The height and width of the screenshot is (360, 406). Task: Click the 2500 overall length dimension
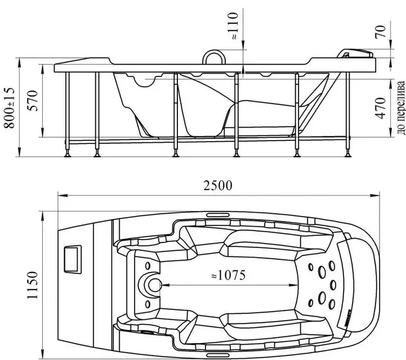tap(218, 186)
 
